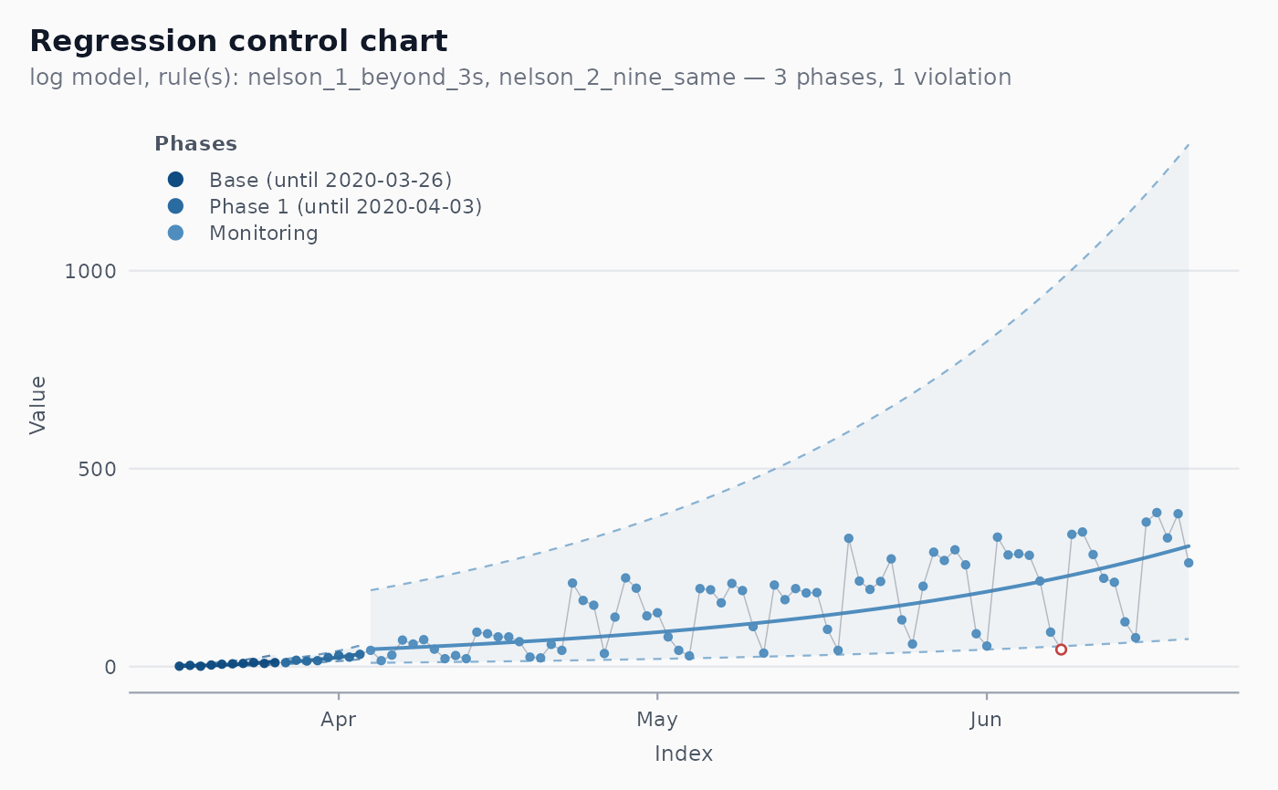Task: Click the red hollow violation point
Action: pyautogui.click(x=1061, y=650)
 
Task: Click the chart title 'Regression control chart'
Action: pyautogui.click(x=238, y=42)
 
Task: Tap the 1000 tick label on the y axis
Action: pyautogui.click(x=90, y=271)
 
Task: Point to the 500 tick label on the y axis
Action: pyautogui.click(x=97, y=469)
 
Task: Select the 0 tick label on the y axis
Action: pyautogui.click(x=110, y=667)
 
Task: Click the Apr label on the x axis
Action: pyautogui.click(x=339, y=720)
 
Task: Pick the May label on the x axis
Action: pyautogui.click(x=657, y=720)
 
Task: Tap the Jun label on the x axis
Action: pyautogui.click(x=987, y=720)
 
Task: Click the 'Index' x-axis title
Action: pyautogui.click(x=684, y=754)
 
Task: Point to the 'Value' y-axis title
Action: pyautogui.click(x=37, y=405)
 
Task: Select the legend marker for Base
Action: pyautogui.click(x=175, y=180)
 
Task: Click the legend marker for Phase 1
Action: pyautogui.click(x=175, y=206)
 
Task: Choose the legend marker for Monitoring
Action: pyautogui.click(x=175, y=234)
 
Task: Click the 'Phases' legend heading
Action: pyautogui.click(x=195, y=143)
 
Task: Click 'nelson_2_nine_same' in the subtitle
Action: pyautogui.click(x=617, y=78)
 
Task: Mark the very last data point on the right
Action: pyautogui.click(x=1189, y=563)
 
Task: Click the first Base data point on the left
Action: pyautogui.click(x=179, y=666)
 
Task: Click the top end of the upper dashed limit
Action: pyautogui.click(x=1189, y=145)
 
